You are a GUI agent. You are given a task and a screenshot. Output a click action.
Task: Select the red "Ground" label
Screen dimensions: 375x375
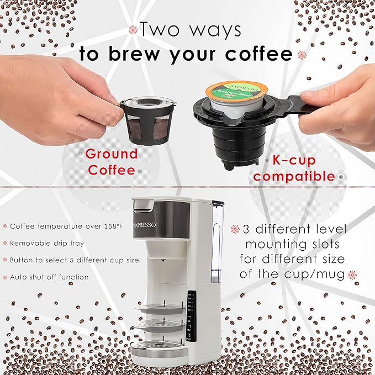[x=111, y=154]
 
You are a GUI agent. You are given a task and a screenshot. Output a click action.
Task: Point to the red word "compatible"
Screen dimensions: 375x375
[x=294, y=176]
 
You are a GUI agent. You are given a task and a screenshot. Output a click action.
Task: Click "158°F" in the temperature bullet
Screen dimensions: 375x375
[x=127, y=225]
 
